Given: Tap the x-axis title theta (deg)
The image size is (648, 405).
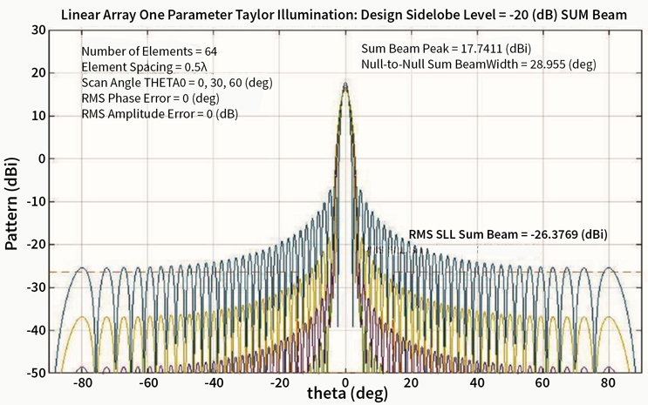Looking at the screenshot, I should [346, 394].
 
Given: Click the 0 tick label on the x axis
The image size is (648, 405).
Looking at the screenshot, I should [346, 383].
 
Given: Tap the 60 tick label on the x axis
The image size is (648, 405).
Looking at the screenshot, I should [543, 383].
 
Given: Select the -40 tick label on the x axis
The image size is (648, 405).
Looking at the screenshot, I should [215, 383].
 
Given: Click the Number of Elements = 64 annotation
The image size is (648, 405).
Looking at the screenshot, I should [149, 51].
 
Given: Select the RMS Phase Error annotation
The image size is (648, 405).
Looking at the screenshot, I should [150, 98].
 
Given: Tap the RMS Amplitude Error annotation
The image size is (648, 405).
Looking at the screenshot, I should [160, 114].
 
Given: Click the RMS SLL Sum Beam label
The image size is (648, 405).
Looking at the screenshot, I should [508, 234].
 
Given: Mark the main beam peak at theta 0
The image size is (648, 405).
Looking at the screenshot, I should [346, 84].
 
